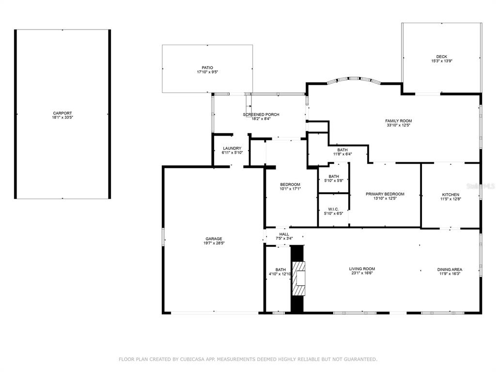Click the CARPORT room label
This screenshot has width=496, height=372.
62,113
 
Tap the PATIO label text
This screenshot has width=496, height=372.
207,68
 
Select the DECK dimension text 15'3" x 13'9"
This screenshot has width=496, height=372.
442,61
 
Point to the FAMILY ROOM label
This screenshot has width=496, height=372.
399,121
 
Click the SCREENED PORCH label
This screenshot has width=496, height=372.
261,114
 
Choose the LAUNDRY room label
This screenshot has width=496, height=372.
232,148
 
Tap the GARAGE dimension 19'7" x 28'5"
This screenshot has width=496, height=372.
214,243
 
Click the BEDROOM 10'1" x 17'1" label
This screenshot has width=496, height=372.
290,186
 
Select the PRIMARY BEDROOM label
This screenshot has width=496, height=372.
385,194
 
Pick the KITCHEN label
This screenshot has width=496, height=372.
451,195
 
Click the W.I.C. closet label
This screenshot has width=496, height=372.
333,209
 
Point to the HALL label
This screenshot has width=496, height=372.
284,234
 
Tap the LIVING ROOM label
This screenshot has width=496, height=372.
362,269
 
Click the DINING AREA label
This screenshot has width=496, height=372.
450,269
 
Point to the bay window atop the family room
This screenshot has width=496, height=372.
354,79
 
